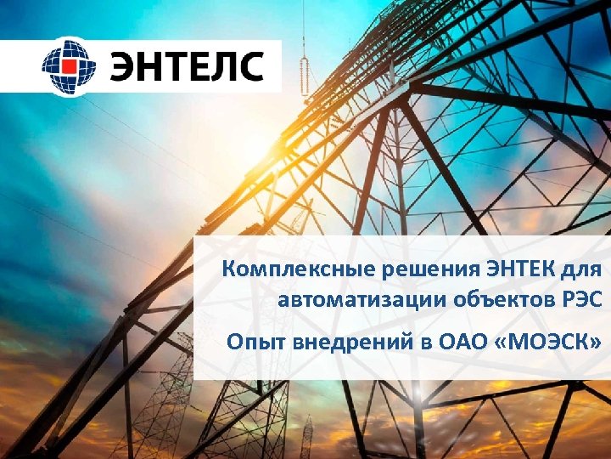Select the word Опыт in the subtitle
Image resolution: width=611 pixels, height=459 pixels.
pyautogui.click(x=252, y=343)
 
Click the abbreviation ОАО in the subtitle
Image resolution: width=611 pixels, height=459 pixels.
pyautogui.click(x=458, y=343)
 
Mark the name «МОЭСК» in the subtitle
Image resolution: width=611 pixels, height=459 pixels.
pyautogui.click(x=548, y=343)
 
